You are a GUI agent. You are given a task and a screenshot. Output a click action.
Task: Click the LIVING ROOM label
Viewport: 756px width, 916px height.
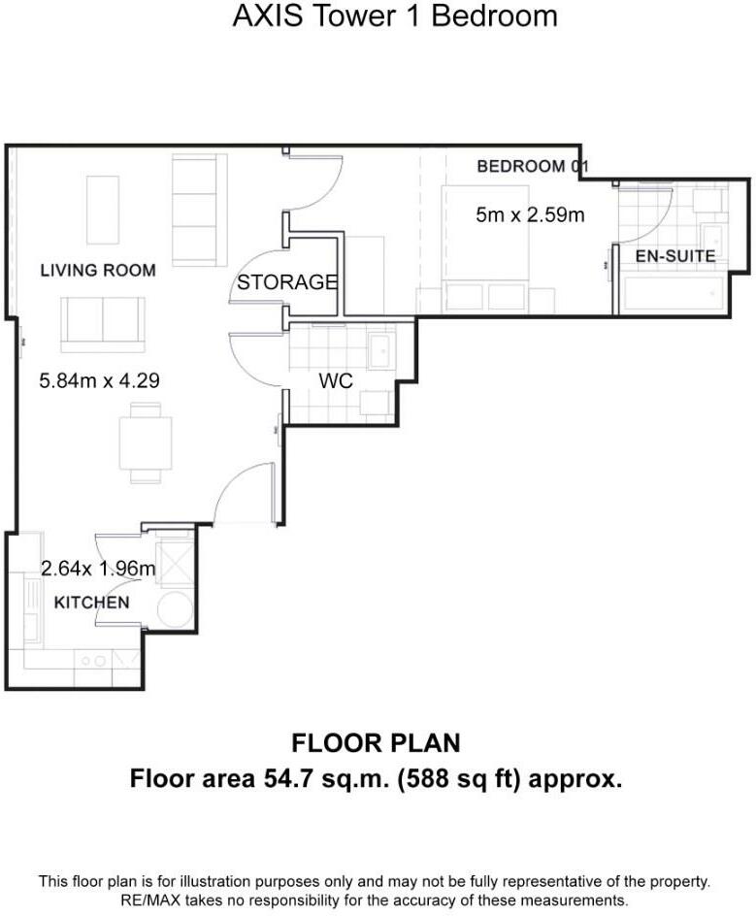point(98,271)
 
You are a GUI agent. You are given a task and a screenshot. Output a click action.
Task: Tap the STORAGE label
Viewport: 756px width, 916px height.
point(287,282)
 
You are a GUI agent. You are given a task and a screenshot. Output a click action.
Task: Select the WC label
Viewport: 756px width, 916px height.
point(336,381)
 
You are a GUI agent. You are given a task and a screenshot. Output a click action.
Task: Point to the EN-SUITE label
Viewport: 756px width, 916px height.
point(675,256)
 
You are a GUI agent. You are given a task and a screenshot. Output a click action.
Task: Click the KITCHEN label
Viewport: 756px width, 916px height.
point(92,603)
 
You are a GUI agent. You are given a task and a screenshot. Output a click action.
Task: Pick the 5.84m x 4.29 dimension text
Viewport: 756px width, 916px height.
point(99,381)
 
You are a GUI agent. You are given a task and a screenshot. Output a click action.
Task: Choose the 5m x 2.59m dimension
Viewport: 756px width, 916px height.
point(530,215)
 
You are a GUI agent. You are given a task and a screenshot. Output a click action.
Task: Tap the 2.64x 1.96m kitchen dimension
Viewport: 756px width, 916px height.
point(98,568)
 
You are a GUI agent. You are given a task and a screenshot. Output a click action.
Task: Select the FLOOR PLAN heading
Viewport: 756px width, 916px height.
point(377,743)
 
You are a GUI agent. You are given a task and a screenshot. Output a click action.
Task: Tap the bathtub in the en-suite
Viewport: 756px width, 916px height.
point(674,294)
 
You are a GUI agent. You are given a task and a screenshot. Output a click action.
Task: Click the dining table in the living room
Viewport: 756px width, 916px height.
point(146,442)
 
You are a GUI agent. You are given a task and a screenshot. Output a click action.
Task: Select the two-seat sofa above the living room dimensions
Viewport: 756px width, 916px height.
point(103,325)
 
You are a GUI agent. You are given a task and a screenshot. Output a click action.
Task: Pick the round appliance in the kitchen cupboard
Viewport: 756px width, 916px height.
point(175,610)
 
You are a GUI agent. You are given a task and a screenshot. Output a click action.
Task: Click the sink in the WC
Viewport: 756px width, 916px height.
point(381,350)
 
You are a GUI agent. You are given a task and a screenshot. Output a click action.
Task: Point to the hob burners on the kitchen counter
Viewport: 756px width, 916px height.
point(93,662)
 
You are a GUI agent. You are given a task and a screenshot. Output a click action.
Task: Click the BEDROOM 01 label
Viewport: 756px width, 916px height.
point(532,167)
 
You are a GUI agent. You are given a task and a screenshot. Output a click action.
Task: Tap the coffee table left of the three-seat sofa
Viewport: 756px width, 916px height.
point(103,210)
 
